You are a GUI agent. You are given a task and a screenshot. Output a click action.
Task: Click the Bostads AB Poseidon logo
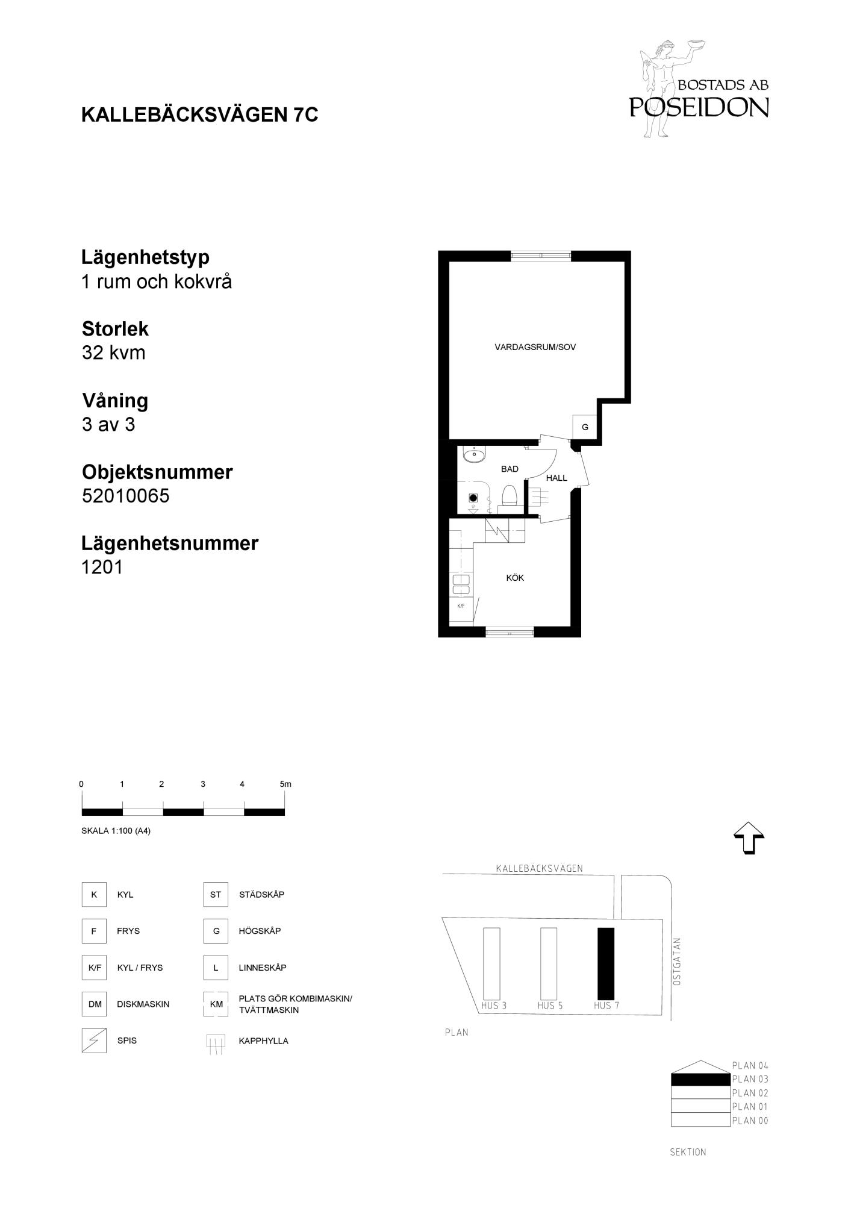coord(699,89)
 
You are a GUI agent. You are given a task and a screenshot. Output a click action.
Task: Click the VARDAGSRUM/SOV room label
coord(535,347)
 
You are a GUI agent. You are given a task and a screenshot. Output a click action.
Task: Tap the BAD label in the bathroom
coord(510,469)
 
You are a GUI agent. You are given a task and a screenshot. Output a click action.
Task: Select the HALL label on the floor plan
coord(556,478)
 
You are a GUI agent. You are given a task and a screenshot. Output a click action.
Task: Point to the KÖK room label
coord(515,578)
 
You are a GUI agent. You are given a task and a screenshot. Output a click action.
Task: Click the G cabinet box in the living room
coord(585,427)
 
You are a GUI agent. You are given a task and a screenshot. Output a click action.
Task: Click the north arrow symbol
coord(749,838)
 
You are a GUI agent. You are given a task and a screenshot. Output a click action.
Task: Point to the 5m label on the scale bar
coord(285,784)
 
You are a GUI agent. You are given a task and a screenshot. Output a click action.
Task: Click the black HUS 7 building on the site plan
coord(606,963)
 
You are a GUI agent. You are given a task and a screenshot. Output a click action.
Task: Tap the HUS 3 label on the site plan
coord(493,1006)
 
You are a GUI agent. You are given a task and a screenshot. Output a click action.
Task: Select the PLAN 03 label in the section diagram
coord(750,1079)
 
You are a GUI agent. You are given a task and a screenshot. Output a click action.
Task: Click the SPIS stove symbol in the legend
coord(94,1041)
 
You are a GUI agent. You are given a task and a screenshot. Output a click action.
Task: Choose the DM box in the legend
coord(95,1004)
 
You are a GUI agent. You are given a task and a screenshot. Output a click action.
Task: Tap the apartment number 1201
coord(102,567)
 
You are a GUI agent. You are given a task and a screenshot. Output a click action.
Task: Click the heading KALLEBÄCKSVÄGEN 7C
coord(200,114)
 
